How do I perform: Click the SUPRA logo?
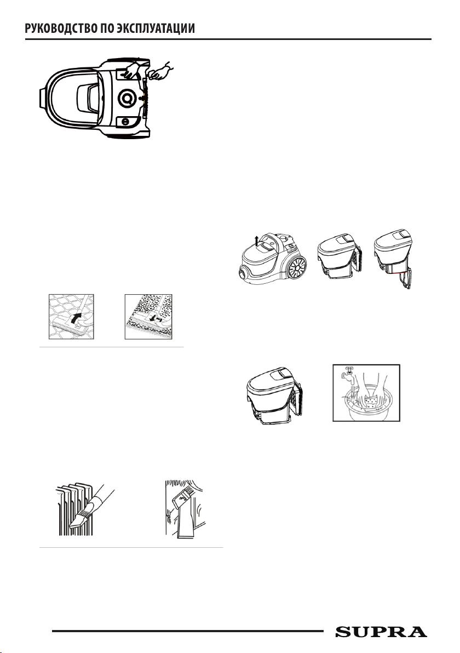(381, 632)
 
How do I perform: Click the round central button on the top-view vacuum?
(127, 98)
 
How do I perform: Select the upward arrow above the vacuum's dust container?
(256, 241)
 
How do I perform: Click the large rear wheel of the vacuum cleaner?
(294, 267)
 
